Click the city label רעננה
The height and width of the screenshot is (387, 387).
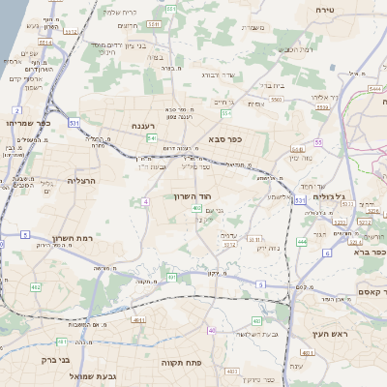150,126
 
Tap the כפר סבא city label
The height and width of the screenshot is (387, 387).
223,139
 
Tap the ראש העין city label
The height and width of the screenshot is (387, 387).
330,334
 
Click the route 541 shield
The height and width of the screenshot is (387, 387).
153,139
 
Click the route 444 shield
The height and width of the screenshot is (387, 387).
302,242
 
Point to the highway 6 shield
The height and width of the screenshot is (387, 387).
327,253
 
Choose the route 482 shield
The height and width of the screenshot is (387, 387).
36,287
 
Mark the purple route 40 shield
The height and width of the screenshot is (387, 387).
212,330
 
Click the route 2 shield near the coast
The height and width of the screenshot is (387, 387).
17,111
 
